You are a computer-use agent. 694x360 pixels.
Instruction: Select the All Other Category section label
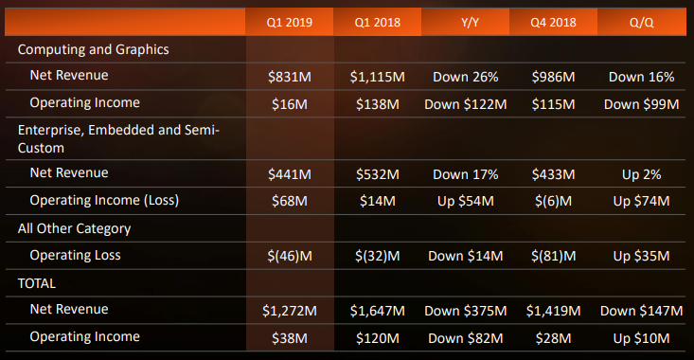click(x=75, y=227)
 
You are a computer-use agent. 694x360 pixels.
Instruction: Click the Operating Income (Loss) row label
click(x=104, y=200)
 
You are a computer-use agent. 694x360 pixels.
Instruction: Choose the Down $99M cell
click(x=641, y=103)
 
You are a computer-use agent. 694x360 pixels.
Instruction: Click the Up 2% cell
click(x=641, y=174)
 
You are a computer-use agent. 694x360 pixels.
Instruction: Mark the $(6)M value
click(x=555, y=201)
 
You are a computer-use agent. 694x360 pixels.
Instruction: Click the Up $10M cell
click(x=641, y=337)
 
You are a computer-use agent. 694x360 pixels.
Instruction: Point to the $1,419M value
click(x=555, y=310)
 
